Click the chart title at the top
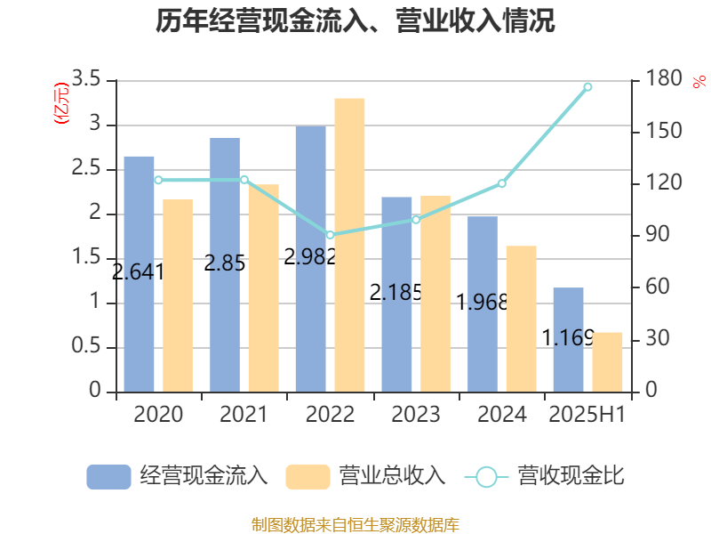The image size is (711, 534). tap(355, 21)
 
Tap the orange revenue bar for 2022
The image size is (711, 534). tap(349, 245)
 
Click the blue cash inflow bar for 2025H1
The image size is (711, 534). tap(569, 340)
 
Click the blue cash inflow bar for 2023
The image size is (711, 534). tap(397, 295)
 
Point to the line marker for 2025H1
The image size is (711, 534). tap(587, 86)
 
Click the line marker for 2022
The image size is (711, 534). tap(330, 235)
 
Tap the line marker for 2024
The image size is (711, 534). tap(501, 183)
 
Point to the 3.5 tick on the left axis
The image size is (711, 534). tap(87, 81)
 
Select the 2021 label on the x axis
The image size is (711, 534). tap(244, 415)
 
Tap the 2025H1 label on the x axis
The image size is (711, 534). tap(587, 415)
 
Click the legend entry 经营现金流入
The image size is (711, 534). tap(178, 476)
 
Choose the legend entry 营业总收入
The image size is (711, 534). tap(366, 476)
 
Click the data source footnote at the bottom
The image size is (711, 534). tap(355, 524)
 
